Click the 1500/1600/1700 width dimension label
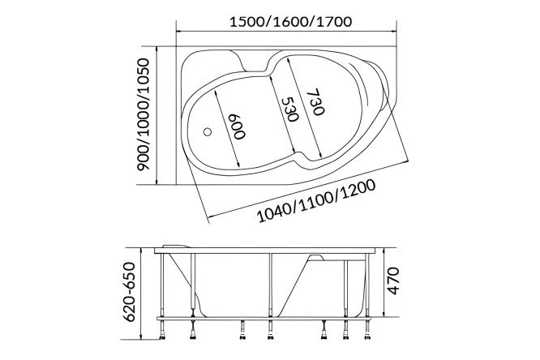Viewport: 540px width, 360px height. coord(290,22)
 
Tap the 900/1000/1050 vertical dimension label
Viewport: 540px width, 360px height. coord(143,114)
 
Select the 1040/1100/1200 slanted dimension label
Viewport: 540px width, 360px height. coord(316,201)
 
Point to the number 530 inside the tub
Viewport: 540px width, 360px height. coord(289,109)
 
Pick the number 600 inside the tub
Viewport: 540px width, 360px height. coord(238,126)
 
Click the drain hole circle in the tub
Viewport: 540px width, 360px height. coord(208,131)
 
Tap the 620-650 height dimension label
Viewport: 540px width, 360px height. coord(130,291)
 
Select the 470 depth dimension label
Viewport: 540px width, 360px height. coord(393,281)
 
